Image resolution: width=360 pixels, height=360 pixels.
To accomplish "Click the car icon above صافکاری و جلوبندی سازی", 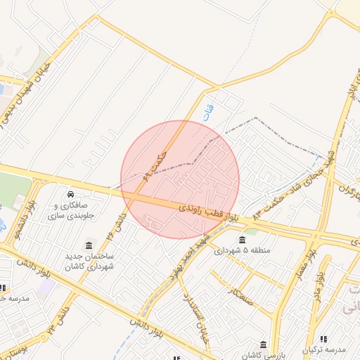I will click(x=70, y=194).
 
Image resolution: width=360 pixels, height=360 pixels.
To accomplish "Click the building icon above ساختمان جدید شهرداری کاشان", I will click(x=89, y=245).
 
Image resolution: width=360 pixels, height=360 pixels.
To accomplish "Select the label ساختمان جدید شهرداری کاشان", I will click(x=89, y=262).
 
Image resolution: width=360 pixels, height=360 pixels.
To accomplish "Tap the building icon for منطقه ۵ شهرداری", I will click(x=243, y=239).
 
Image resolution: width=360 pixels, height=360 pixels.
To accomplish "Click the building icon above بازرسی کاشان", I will click(x=263, y=345).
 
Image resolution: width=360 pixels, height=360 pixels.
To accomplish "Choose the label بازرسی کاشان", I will click(x=263, y=356).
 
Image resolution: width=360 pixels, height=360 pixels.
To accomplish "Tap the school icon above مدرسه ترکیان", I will click(x=323, y=339).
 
